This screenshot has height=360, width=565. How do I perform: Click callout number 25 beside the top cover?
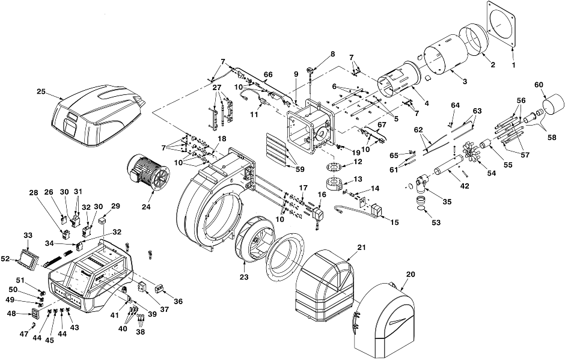pos(41,91)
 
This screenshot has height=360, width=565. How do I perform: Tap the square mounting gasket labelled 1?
pos(501,24)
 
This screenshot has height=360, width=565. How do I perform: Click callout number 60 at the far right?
pos(539,85)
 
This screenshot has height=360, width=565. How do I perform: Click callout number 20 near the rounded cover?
pos(411,274)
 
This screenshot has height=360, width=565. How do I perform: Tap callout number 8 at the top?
pos(332,54)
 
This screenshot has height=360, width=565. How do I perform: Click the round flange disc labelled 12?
pos(334,167)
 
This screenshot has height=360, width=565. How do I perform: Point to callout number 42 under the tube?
pos(465,186)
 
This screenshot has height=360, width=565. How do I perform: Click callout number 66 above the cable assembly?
pos(267,75)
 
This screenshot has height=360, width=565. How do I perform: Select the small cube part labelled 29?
pos(104,220)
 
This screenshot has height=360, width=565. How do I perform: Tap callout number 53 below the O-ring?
pos(436,223)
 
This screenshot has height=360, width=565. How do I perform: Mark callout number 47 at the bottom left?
pos(24,334)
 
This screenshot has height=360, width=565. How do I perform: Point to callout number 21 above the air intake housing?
pos(361,247)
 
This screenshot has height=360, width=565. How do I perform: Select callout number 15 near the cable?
pos(394,222)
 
